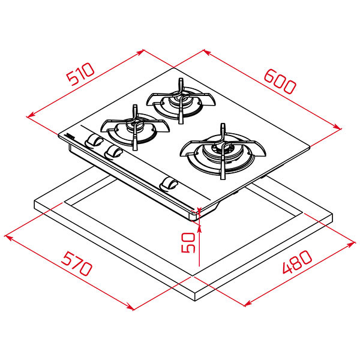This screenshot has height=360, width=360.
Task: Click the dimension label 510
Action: click(80, 73)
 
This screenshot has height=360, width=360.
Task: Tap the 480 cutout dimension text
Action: click(297, 262)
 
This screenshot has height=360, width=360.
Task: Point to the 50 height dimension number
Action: click(188, 242)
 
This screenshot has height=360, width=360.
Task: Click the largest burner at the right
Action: click(223, 152)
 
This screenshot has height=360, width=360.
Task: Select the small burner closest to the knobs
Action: click(135, 128)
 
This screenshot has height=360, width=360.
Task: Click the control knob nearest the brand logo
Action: click(94, 140)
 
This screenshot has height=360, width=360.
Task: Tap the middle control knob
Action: click(113, 152)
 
